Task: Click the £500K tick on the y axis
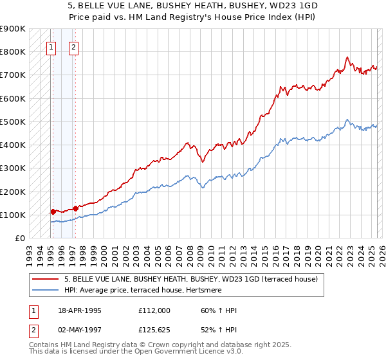point(13,122)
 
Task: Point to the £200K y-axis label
point(13,192)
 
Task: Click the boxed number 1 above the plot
point(51,47)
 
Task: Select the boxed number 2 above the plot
point(74,47)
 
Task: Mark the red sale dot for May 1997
point(75,208)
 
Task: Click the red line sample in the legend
point(46,279)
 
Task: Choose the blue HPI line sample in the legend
point(46,291)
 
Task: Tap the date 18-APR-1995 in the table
point(80,310)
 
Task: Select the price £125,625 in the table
point(154,330)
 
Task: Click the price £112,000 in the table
point(154,310)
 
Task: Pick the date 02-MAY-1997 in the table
point(80,330)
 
